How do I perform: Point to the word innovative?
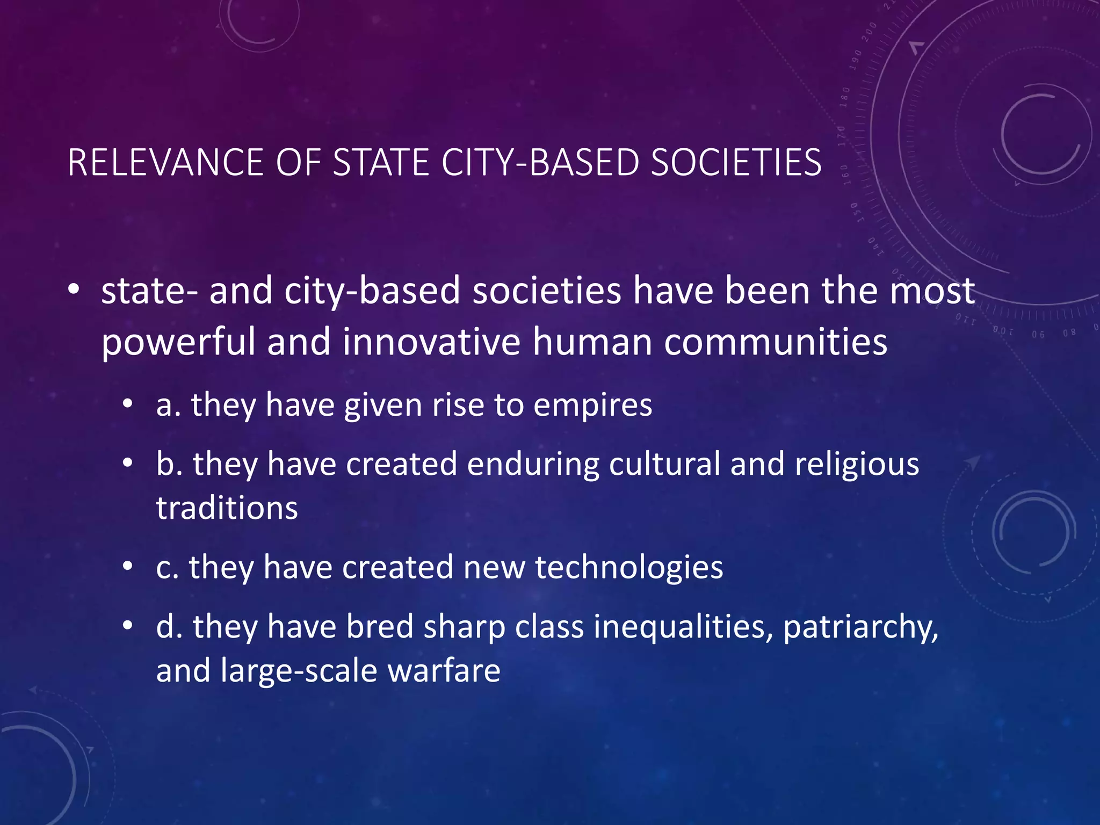[431, 342]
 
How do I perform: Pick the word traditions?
[227, 508]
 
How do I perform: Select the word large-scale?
[299, 672]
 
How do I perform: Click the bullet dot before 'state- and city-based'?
[74, 291]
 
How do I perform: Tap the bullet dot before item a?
[127, 405]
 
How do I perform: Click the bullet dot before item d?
[127, 626]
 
